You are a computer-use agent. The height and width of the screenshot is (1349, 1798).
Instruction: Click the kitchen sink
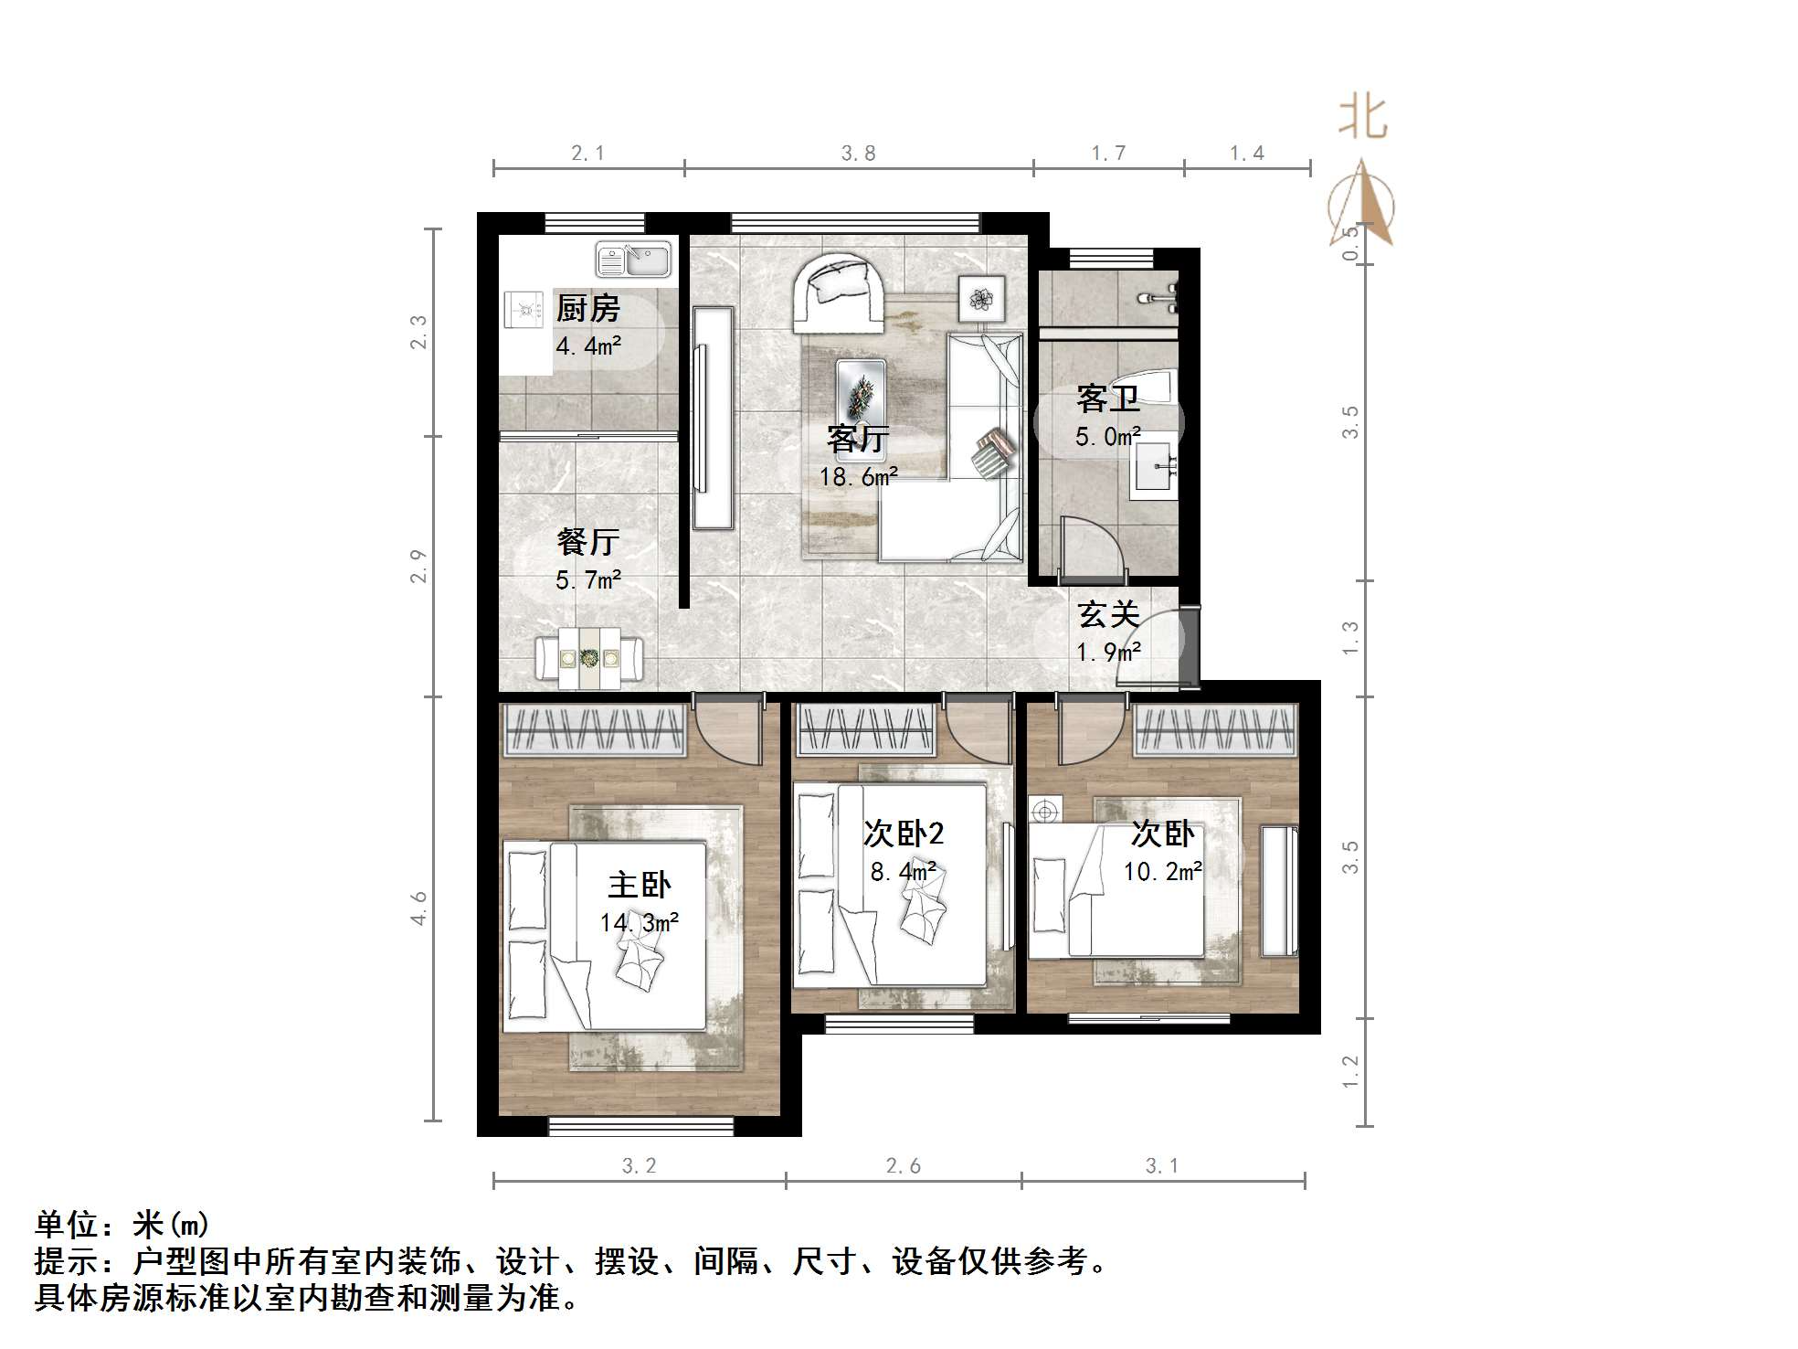tap(633, 260)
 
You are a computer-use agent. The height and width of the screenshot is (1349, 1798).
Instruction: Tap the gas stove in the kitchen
tap(524, 309)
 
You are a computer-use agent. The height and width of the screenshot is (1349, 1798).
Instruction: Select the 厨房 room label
tap(587, 309)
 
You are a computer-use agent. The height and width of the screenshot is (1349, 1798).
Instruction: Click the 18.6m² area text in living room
tap(858, 477)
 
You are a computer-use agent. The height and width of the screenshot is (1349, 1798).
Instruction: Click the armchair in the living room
tap(838, 292)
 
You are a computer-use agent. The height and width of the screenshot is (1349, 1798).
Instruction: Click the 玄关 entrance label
tap(1108, 615)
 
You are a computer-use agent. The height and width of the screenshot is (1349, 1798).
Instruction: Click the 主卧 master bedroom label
tap(640, 885)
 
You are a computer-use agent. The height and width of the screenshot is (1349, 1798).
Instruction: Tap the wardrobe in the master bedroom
tap(594, 730)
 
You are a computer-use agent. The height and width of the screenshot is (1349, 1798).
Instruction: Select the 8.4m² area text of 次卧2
tap(903, 872)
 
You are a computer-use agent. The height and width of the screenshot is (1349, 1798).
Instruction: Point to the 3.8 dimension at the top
tap(858, 154)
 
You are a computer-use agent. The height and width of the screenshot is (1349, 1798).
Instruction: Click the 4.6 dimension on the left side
tap(418, 908)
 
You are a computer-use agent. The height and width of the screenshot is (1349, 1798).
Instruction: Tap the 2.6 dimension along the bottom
tap(903, 1166)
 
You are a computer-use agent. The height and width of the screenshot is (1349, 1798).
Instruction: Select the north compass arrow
tap(1362, 203)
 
